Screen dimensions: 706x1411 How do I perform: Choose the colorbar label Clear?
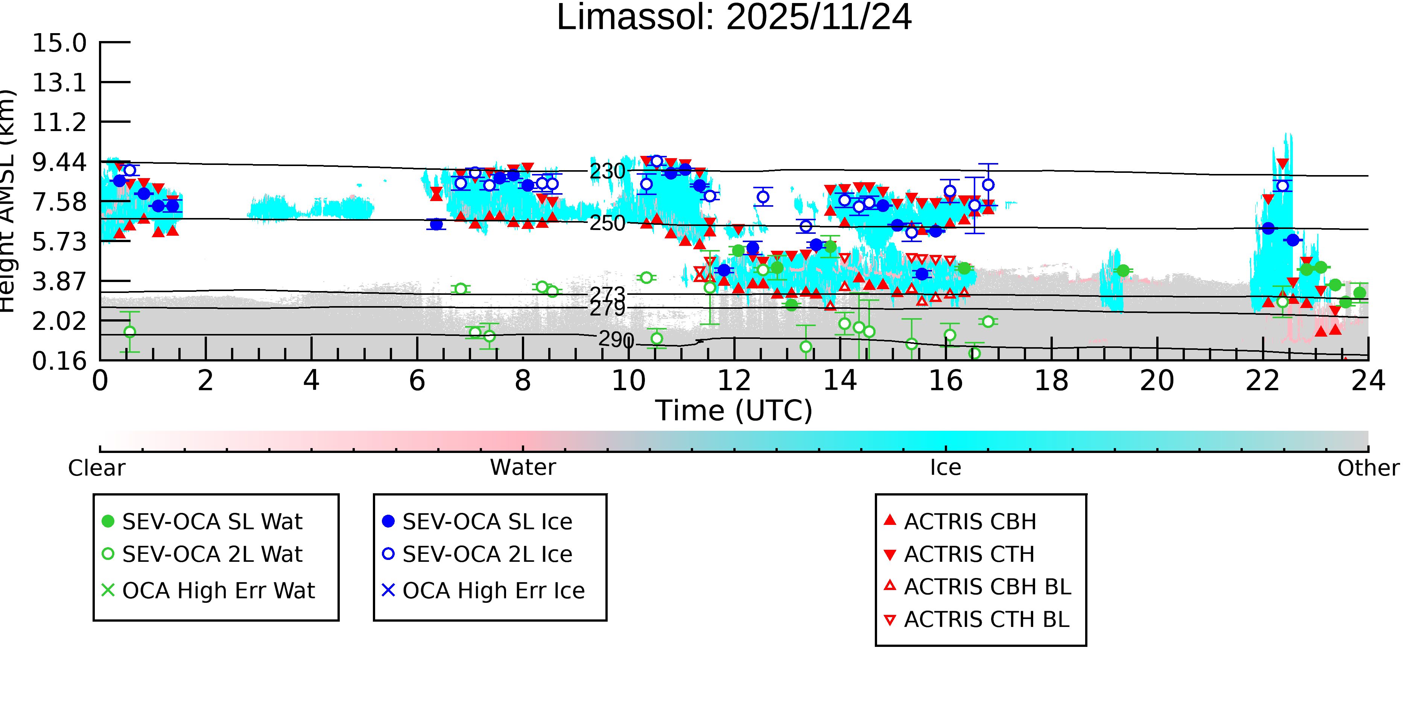96,468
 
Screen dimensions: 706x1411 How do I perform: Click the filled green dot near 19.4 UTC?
1123,271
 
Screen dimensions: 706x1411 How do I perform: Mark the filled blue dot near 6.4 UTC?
436,224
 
